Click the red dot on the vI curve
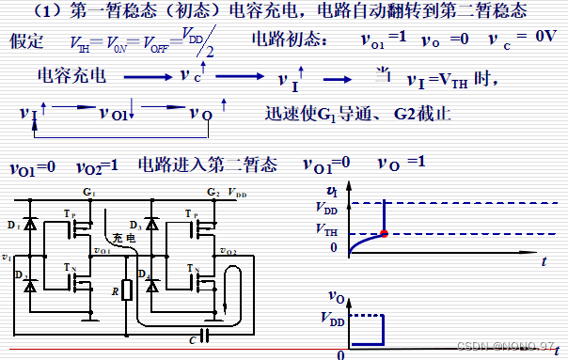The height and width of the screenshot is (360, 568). click(x=385, y=233)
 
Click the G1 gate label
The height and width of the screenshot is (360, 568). click(x=89, y=192)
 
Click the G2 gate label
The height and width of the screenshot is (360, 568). click(x=213, y=192)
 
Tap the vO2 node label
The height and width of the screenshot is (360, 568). click(x=227, y=252)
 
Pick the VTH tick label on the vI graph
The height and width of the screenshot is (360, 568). click(x=326, y=229)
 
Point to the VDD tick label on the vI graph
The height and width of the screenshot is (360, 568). click(x=326, y=208)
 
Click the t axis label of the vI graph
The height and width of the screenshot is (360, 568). click(x=544, y=265)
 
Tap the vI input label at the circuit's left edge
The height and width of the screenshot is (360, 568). click(x=8, y=256)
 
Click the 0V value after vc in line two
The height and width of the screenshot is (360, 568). click(x=544, y=39)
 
